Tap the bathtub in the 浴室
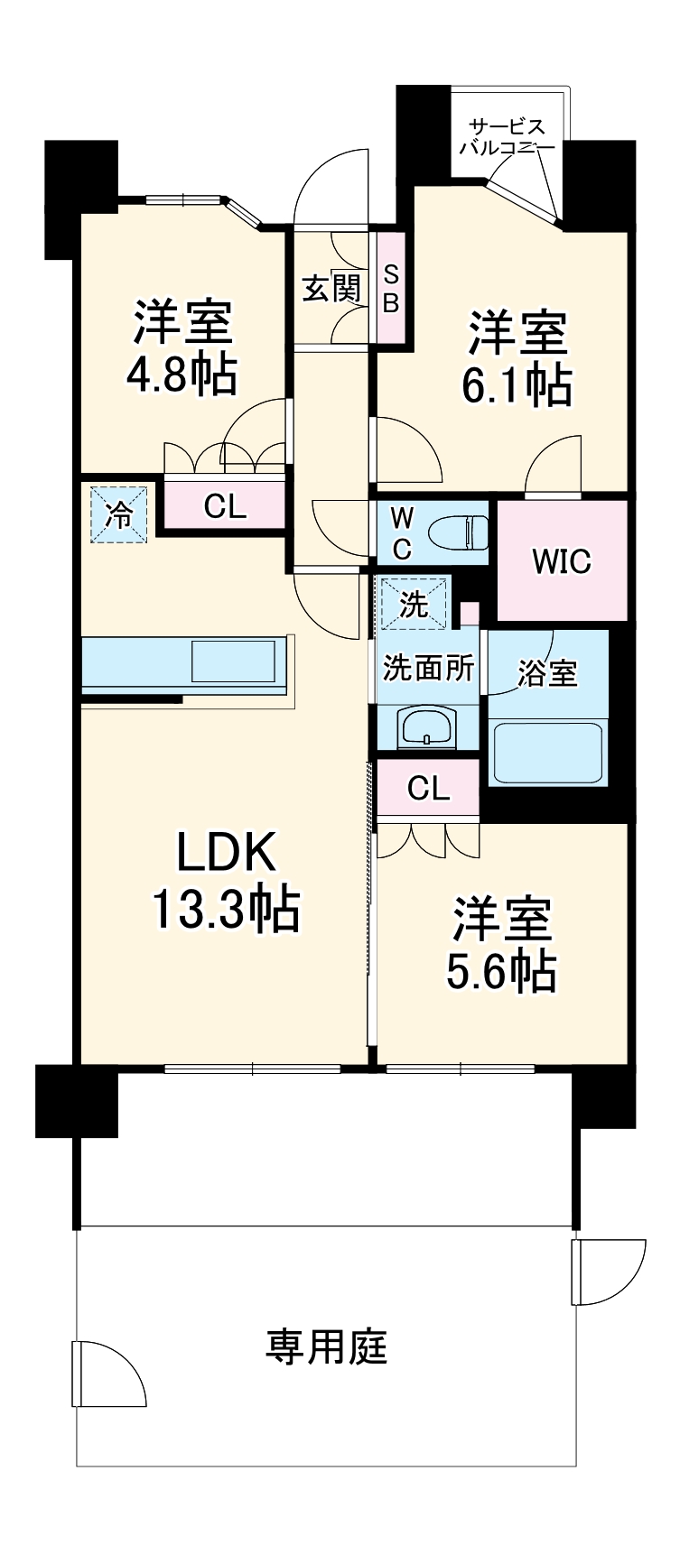[546, 752]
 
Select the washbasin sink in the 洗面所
[427, 727]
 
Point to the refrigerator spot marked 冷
[118, 514]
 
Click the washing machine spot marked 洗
[414, 603]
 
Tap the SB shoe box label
[390, 288]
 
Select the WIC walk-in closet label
[561, 560]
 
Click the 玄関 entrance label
[331, 288]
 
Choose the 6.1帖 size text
[516, 384]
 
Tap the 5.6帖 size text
[500, 970]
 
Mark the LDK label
[224, 852]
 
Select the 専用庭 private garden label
[326, 1346]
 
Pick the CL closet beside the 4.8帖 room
[224, 507]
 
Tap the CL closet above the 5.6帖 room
[428, 789]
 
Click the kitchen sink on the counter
[233, 661]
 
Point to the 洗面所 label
[428, 669]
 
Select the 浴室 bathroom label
[547, 673]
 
